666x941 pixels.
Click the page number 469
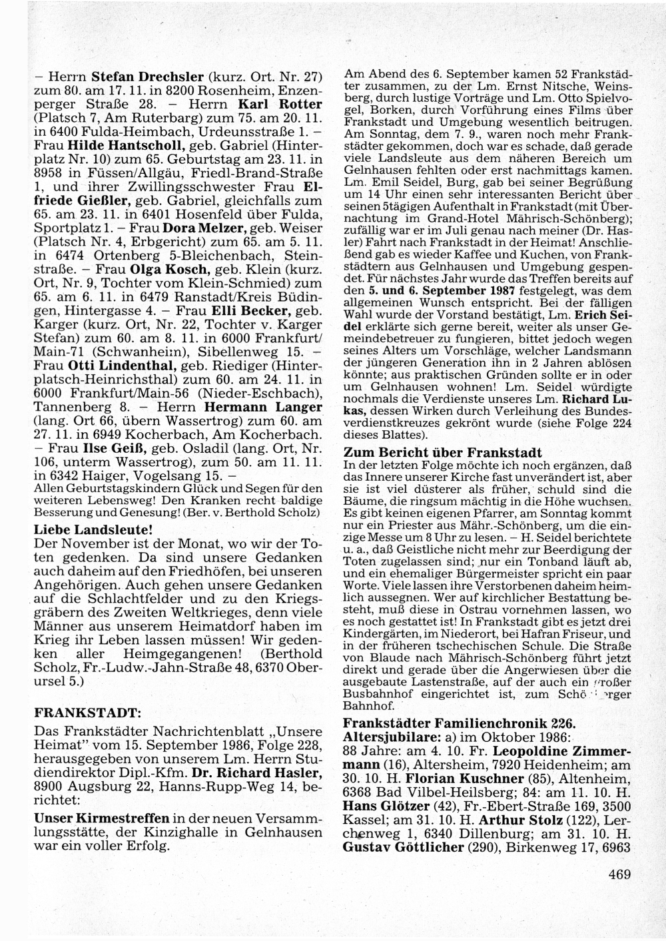tap(619, 874)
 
